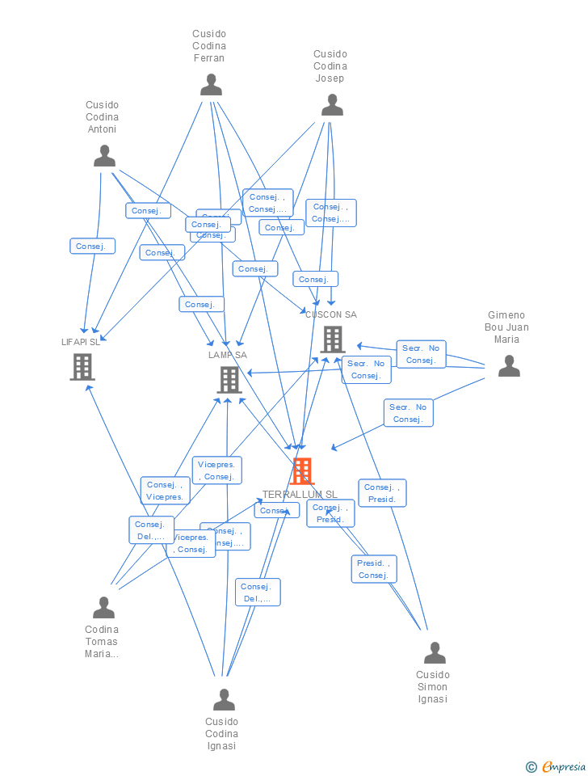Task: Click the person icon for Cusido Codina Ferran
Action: click(x=211, y=85)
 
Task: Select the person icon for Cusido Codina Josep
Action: click(x=332, y=105)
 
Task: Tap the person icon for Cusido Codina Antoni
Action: click(x=104, y=156)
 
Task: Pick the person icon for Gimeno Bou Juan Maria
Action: click(x=509, y=366)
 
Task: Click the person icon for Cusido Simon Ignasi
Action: click(x=435, y=652)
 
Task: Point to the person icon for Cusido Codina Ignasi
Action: click(x=224, y=699)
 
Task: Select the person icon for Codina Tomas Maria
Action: click(x=103, y=607)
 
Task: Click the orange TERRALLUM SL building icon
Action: click(x=302, y=470)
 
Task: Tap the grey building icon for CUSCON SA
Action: click(x=333, y=339)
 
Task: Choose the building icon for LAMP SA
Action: click(x=229, y=379)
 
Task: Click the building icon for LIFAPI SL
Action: click(x=82, y=366)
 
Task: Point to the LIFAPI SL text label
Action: click(x=81, y=342)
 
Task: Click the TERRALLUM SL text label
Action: click(x=300, y=494)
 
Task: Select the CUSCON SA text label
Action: click(x=331, y=314)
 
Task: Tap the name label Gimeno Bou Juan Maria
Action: click(x=506, y=327)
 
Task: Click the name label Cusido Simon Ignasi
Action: click(x=433, y=687)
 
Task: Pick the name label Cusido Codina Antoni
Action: click(x=102, y=117)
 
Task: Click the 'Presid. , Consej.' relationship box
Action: click(x=374, y=569)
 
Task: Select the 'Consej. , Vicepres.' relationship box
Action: click(x=166, y=491)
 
